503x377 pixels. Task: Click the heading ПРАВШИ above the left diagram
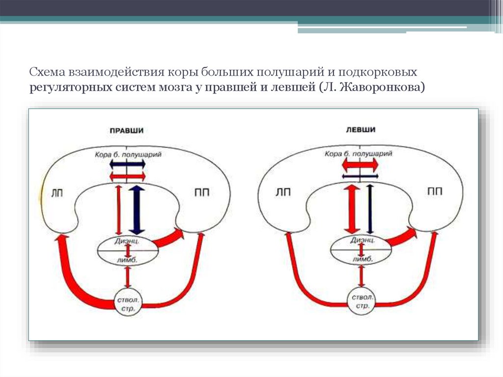127,130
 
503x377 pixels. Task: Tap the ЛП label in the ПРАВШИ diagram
57,193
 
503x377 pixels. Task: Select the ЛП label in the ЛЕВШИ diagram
283,193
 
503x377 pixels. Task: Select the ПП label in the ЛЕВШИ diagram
435,192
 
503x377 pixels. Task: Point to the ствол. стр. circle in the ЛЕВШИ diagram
362,301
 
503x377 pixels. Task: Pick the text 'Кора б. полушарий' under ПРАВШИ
128,154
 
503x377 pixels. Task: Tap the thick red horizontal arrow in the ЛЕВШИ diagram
360,164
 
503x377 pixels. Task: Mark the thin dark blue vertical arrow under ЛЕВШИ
369,209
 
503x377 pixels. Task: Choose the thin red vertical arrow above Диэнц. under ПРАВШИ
118,209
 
